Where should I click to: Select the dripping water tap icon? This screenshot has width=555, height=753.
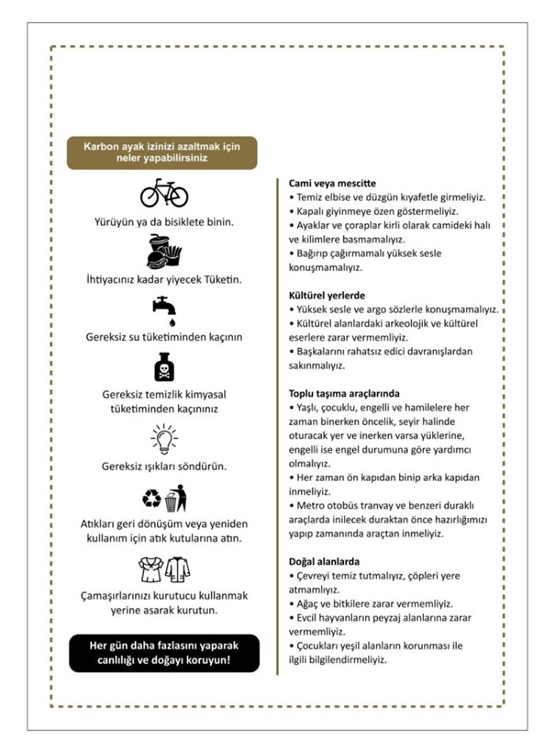point(164,309)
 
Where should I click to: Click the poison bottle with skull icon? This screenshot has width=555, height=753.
point(163,368)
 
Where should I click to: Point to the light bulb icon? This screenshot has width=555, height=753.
point(163,438)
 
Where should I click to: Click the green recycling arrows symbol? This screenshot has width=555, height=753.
point(150,499)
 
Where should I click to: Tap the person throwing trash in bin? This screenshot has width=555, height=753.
point(176,499)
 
